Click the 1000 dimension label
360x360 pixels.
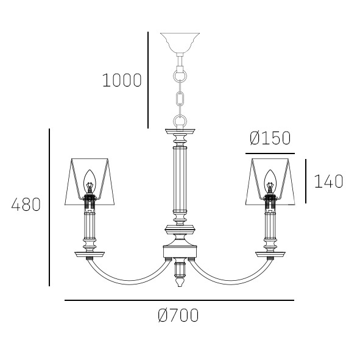click(122, 80)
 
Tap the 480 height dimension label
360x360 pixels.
click(26, 205)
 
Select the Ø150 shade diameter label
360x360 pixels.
click(270, 138)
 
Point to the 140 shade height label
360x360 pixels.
click(328, 182)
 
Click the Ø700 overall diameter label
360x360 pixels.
click(178, 316)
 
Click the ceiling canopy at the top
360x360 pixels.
click(180, 43)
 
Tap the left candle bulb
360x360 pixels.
click(89, 182)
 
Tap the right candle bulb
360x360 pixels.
click(270, 182)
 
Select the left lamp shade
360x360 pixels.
click(90, 182)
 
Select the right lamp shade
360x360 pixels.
click(270, 182)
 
